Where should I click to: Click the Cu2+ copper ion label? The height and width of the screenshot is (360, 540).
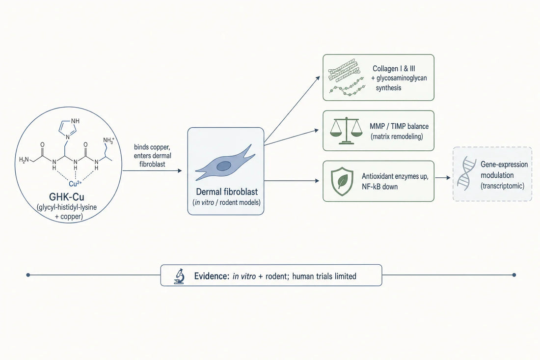[x=75, y=183]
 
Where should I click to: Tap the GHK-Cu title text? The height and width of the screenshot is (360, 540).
[x=67, y=197]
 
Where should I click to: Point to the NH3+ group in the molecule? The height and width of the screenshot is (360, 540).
[x=108, y=140]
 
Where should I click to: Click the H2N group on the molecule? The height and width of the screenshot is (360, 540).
[x=24, y=160]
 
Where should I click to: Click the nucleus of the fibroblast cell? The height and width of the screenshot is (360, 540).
[x=223, y=166]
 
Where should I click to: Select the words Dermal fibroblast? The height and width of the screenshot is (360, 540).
[x=227, y=192]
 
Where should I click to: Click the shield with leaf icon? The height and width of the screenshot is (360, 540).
[x=342, y=181]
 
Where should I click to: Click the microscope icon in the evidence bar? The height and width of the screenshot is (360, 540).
[x=179, y=277]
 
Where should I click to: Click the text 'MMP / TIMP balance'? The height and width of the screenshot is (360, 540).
[x=399, y=126]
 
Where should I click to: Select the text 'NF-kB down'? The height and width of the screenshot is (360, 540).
[x=379, y=187]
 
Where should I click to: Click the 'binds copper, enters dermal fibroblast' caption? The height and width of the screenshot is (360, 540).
[x=152, y=156]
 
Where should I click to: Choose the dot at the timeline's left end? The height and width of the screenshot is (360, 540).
[x=28, y=275]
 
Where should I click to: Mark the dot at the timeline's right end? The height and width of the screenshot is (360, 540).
[x=514, y=275]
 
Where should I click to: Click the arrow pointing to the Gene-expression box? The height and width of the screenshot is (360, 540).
[x=442, y=178]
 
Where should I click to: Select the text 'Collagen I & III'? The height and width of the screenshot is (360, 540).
[x=394, y=69]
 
